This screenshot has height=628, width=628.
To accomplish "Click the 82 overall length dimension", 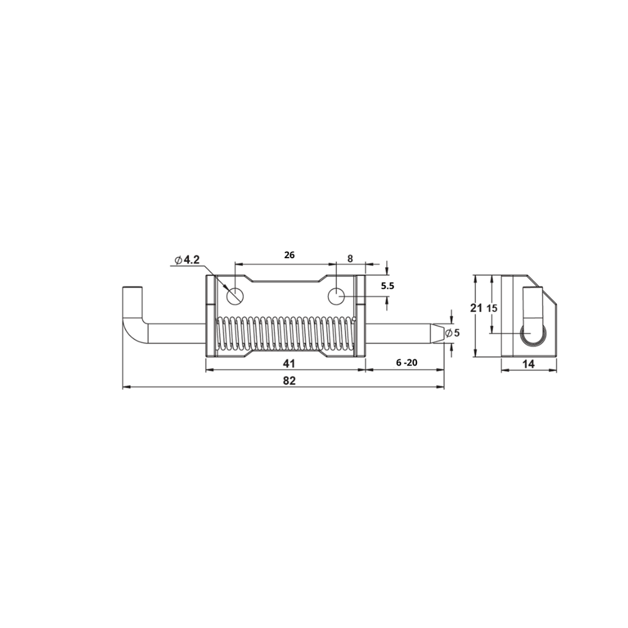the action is [289, 381].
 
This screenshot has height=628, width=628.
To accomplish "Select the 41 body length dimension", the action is [289, 363].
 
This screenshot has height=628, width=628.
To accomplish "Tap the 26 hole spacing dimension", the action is [289, 255].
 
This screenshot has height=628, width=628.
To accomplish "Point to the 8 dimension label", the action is [350, 259].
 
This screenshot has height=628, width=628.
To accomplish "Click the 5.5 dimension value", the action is [387, 286].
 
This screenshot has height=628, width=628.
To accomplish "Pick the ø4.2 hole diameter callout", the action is [187, 260].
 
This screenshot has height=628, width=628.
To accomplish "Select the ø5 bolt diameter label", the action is [452, 333].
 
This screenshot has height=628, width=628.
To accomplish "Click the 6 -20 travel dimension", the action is [406, 362].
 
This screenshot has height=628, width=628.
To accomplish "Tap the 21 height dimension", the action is [476, 308].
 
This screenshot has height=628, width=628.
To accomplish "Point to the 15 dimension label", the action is [492, 308].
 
